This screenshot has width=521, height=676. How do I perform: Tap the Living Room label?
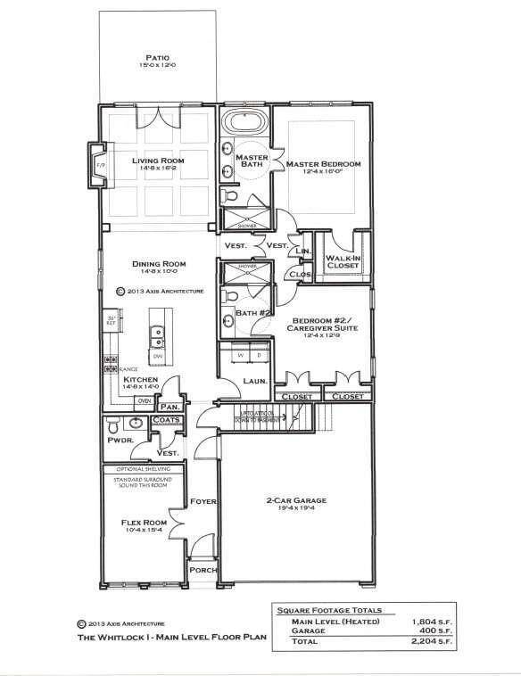[158, 161]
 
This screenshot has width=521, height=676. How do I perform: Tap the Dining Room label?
[158, 264]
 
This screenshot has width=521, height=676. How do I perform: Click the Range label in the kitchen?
[128, 367]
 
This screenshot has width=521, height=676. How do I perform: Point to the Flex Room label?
[144, 523]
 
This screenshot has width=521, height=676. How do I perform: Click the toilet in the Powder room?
[113, 425]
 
